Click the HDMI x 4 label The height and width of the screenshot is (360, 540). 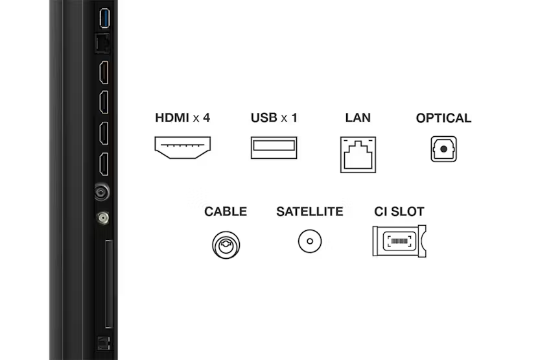point(183,118)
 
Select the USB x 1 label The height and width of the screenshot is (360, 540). point(274,118)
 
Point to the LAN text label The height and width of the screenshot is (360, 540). point(358,118)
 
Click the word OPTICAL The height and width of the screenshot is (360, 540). point(443,118)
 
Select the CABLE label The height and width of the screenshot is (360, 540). point(226,211)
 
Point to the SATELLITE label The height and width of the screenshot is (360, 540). point(310,211)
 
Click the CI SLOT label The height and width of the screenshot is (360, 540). point(399,211)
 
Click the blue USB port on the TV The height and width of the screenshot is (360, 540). point(104,18)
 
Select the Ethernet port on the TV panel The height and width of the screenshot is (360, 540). point(102,43)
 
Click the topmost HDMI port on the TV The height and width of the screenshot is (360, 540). point(104,73)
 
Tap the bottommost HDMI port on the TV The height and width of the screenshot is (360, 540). point(104,164)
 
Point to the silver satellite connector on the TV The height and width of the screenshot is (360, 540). point(102,218)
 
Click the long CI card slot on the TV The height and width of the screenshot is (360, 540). point(109,283)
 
